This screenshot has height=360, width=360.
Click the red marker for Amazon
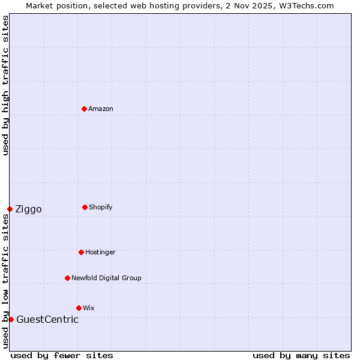coord(84,109)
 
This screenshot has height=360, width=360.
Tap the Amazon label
coord(101,109)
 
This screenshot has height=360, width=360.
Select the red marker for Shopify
coord(85,207)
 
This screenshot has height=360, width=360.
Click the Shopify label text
coord(101,208)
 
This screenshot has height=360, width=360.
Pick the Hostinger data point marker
coord(81,252)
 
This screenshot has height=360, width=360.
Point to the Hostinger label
coord(100,253)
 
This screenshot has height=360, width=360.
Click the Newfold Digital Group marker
coord(67,278)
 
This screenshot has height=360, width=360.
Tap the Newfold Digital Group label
coord(106,278)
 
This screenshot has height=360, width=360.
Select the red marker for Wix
coord(79,308)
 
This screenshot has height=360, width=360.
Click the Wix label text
coord(89,308)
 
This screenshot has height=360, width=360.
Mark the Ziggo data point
coord(10,209)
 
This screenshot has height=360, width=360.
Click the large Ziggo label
coord(28,209)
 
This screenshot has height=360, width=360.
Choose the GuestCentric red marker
coord(11,319)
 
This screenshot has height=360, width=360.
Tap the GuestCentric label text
coord(47,320)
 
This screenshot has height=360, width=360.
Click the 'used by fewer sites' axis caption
coord(62,356)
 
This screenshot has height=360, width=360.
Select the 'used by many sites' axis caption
coord(301,356)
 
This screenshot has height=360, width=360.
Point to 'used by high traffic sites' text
coord(5,85)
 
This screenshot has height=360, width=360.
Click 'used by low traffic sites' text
coord(5,281)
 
